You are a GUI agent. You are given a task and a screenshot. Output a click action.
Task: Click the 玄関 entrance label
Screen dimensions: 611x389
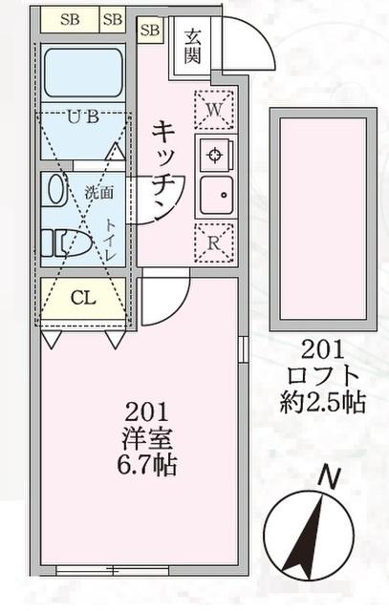[193, 48]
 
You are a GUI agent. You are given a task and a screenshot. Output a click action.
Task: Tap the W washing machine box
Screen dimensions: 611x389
[215, 110]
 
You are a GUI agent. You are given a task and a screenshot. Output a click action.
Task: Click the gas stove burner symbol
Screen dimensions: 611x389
[215, 154]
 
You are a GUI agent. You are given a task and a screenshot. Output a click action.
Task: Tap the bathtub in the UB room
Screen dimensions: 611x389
[84, 74]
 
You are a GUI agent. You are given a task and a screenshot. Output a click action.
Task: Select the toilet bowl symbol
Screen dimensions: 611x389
[74, 244]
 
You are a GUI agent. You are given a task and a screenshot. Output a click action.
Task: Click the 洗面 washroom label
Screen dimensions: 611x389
[98, 191]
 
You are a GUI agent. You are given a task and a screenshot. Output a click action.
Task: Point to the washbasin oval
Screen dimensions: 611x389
[54, 190]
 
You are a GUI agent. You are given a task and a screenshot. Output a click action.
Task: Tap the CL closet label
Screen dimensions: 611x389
[83, 298]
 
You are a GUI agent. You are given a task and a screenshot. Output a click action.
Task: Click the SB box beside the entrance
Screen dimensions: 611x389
[150, 31]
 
